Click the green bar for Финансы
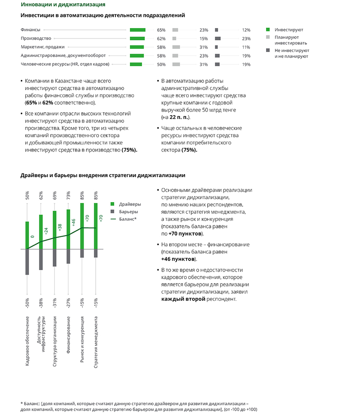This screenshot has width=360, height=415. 137,30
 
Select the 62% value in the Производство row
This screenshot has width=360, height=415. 161,39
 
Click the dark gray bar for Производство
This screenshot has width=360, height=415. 218,39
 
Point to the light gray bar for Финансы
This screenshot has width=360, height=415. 175,30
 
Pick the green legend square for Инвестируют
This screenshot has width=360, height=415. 268,30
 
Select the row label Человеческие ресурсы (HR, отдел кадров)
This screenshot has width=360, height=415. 65,64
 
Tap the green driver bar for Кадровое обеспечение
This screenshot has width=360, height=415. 27,235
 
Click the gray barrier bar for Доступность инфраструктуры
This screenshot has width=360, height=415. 41,260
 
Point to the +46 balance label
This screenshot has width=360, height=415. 73,222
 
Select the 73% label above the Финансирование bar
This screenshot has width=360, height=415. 68,195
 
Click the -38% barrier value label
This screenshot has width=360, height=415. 41,303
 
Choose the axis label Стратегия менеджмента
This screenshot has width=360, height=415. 96,342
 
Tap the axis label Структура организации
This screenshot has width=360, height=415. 55,342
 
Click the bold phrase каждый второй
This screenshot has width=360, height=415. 183,299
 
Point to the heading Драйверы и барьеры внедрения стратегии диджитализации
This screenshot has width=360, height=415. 103,176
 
